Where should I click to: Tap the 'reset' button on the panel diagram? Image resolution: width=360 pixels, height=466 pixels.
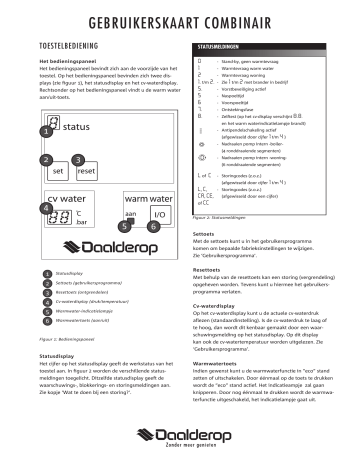(x=86, y=172)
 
